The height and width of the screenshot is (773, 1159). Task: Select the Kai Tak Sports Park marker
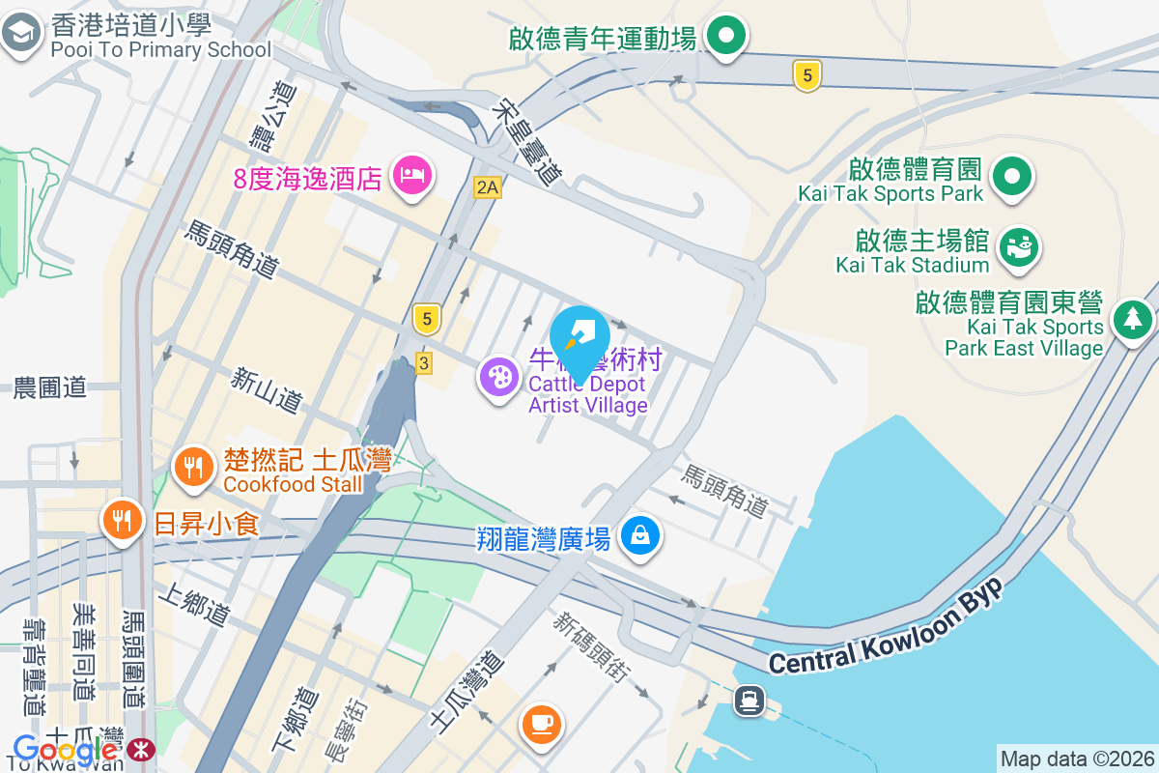[x=1011, y=177]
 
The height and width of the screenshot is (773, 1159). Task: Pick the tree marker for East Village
[x=1132, y=317]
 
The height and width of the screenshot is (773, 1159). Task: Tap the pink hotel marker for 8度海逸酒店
[x=412, y=175]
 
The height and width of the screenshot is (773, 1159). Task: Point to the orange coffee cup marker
[x=541, y=723]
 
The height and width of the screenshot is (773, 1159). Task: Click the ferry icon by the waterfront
[x=749, y=699]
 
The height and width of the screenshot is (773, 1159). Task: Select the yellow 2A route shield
[x=488, y=187]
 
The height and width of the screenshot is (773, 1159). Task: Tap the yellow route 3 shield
[x=424, y=362]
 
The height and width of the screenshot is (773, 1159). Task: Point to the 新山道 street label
[x=267, y=389]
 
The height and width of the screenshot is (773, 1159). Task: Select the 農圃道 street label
[x=50, y=388]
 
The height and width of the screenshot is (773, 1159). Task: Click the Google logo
[x=65, y=749]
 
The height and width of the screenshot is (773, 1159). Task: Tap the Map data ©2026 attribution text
[x=1077, y=759]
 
